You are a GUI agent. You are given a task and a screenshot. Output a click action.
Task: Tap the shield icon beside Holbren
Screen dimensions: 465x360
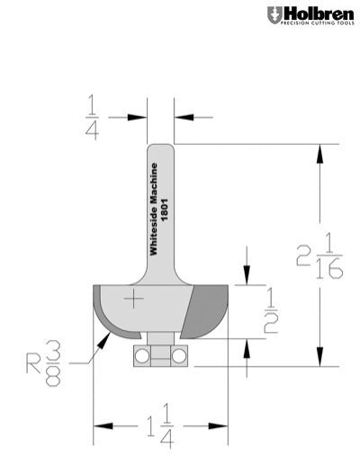click(273, 15)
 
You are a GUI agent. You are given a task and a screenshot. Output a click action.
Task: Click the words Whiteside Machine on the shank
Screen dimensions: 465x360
click(154, 211)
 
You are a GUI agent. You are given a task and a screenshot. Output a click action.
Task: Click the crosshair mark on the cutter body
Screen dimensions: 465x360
click(134, 299)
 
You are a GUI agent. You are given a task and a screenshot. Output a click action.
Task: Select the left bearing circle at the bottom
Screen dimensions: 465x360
click(142, 356)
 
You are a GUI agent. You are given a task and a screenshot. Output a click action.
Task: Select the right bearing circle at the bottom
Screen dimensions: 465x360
click(179, 356)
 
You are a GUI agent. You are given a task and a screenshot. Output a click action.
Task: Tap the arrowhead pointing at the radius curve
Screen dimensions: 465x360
click(101, 345)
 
